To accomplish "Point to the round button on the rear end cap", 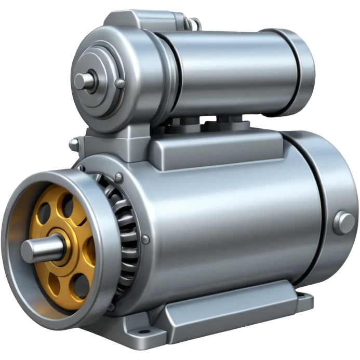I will pos(343,222).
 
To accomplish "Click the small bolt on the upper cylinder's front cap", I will pos(119,83).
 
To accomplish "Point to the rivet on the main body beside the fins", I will pos(145,239).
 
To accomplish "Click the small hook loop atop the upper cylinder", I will pos(194,23).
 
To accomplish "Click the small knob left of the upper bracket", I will pos(74,143).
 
